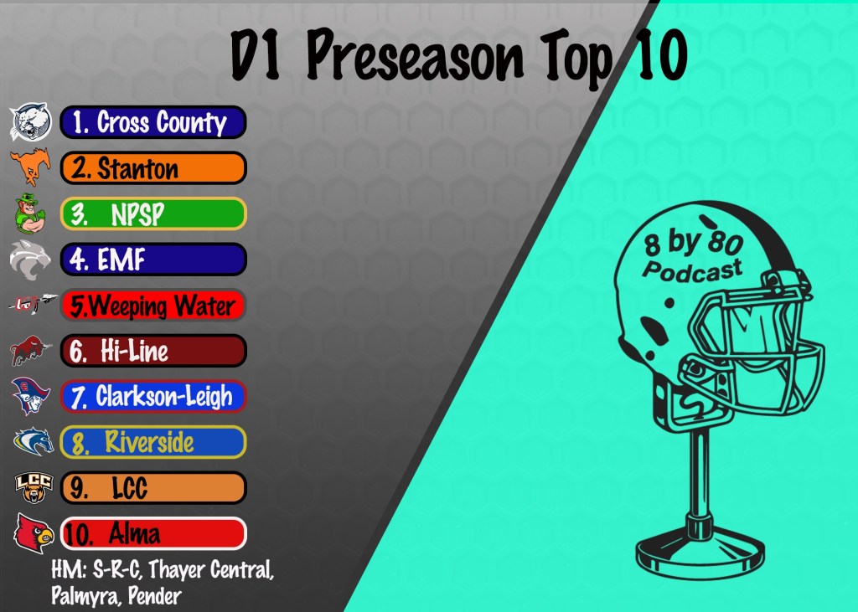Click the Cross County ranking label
click(153, 122)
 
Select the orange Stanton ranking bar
click(153, 168)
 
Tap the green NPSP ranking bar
click(153, 213)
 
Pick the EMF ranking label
click(153, 260)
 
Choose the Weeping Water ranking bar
click(153, 306)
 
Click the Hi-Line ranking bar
click(153, 351)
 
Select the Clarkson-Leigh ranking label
click(153, 397)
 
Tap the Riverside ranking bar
click(153, 442)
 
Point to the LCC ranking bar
click(153, 488)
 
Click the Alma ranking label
click(153, 533)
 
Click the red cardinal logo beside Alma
click(34, 533)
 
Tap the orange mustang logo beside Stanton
click(31, 166)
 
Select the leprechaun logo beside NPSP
click(29, 213)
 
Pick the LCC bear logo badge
click(34, 488)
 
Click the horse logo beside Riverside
click(34, 442)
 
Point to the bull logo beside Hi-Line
click(31, 351)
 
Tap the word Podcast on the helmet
click(693, 270)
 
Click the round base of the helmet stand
click(700, 553)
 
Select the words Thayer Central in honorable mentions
click(210, 570)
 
